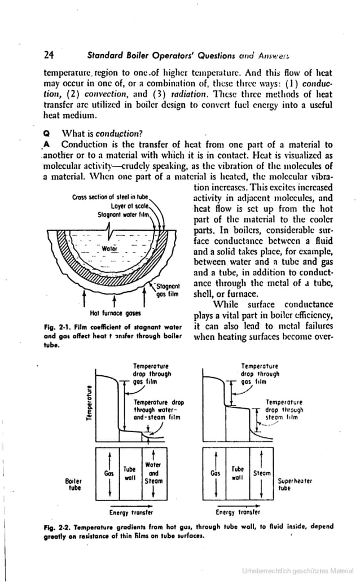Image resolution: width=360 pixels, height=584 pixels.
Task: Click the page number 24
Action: (49, 55)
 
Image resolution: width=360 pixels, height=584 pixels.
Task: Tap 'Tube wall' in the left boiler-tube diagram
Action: (130, 473)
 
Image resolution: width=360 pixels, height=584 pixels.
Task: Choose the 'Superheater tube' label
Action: (295, 485)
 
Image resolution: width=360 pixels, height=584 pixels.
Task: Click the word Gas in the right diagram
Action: (215, 473)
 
